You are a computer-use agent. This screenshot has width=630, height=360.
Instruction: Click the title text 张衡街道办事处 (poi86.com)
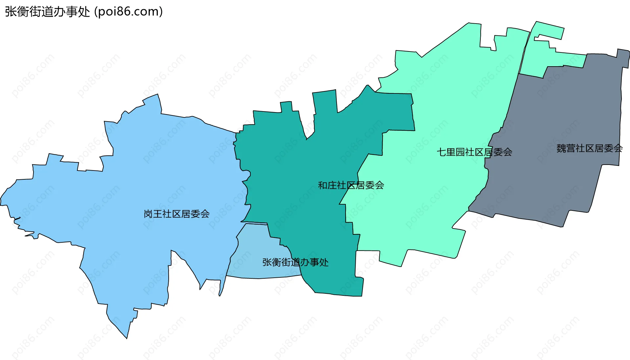(x=84, y=12)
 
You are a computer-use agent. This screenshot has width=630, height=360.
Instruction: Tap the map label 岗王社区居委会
(x=177, y=214)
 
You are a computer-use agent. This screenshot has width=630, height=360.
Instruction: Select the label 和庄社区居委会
(x=351, y=186)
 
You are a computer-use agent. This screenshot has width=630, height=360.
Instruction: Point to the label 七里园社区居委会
(x=474, y=152)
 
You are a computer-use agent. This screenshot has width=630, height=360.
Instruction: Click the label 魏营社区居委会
(x=589, y=149)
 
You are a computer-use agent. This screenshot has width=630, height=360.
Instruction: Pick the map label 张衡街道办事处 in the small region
(x=295, y=262)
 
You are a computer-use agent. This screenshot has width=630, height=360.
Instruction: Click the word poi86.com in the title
(x=128, y=12)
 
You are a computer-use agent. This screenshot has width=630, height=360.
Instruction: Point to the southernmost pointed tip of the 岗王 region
(x=127, y=338)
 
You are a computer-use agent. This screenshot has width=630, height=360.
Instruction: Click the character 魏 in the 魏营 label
(x=561, y=149)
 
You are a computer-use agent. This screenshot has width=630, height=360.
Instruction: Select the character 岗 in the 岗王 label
(x=148, y=214)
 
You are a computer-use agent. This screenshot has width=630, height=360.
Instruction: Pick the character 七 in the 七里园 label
(x=441, y=152)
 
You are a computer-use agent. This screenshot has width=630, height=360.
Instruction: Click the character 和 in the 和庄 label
(x=323, y=186)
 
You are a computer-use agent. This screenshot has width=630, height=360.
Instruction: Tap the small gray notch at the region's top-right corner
(x=623, y=57)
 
